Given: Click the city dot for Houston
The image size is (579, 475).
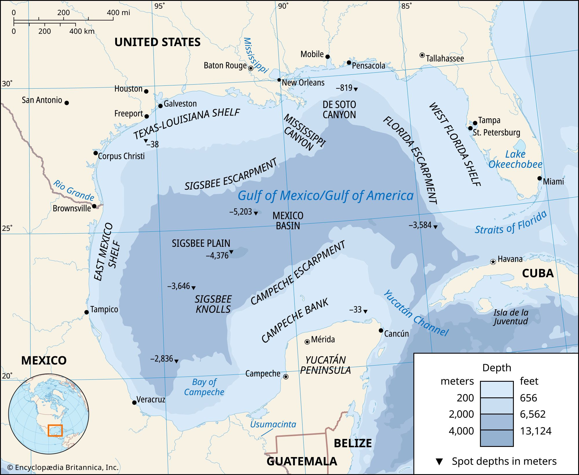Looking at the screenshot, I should (x=146, y=91).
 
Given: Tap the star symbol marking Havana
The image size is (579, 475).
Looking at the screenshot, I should (x=493, y=262).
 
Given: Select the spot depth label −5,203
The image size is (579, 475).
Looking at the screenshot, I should (x=241, y=212).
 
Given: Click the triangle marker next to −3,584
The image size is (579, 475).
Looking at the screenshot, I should (x=435, y=227).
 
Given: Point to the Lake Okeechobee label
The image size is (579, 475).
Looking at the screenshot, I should (x=515, y=159).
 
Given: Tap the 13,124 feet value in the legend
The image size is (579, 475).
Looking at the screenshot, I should (x=536, y=431).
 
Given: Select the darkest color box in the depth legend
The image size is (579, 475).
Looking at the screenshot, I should (x=496, y=438).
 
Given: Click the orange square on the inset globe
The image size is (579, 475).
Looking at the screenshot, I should (x=55, y=430).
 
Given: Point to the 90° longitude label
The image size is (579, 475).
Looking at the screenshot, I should (x=283, y=6).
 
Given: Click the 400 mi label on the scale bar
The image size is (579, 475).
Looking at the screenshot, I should (x=118, y=13).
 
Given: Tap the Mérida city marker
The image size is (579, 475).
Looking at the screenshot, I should (x=307, y=342).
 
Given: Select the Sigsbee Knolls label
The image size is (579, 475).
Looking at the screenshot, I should (x=213, y=304).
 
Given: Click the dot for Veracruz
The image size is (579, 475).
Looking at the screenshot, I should (x=134, y=403).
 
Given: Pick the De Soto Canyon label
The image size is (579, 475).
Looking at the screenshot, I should (x=339, y=109).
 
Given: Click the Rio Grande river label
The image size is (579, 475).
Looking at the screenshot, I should (x=74, y=191).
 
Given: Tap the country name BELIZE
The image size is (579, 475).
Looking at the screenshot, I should (x=353, y=443).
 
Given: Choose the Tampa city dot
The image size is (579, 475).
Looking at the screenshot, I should (x=475, y=123).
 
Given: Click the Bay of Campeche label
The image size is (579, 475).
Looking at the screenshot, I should (x=204, y=387).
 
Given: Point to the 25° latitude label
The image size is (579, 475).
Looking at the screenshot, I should (x=7, y=228).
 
